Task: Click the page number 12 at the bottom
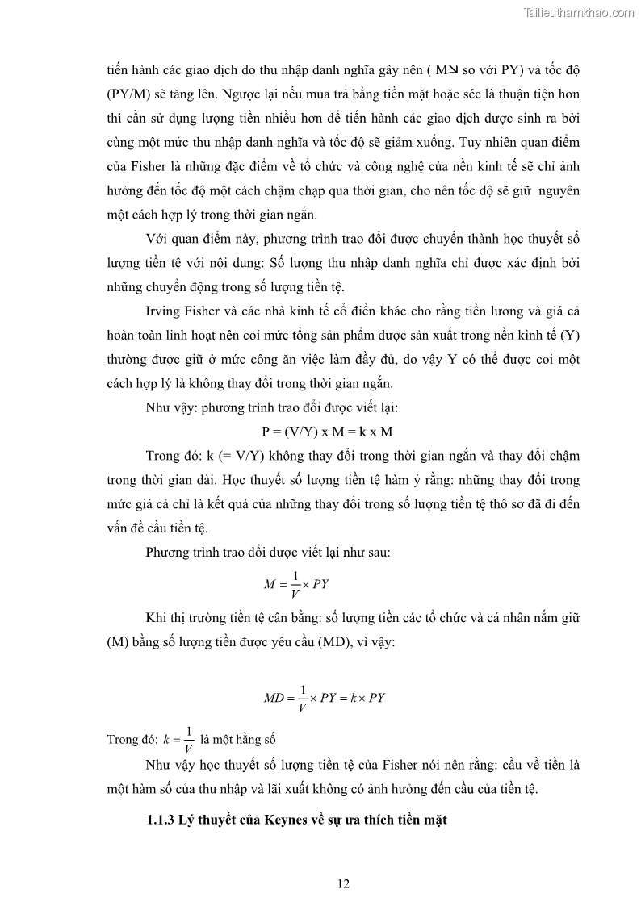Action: (343, 883)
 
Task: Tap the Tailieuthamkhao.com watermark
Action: (579, 12)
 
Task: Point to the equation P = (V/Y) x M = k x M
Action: (327, 432)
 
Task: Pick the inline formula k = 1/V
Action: (178, 739)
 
